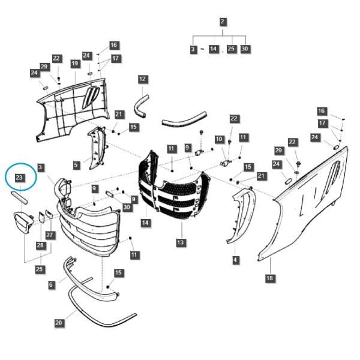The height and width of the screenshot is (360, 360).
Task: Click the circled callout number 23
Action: pos(19,178)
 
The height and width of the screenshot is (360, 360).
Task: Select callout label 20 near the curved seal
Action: pos(59,323)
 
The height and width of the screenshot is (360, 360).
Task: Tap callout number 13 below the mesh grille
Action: pos(181,242)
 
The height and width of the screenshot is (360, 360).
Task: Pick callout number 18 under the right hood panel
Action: pos(270,278)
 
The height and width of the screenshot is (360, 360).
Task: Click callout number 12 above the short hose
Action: pos(142,79)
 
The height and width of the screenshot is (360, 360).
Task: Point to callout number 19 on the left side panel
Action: pos(74,64)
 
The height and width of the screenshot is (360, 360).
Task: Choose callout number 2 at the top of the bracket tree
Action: pos(222,22)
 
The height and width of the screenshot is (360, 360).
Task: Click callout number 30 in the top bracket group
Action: pos(245,49)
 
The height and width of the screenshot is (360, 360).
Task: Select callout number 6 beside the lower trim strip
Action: pos(51,284)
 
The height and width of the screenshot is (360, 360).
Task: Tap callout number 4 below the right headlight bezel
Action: pos(235,260)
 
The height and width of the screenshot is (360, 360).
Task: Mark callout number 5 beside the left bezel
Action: pos(76,164)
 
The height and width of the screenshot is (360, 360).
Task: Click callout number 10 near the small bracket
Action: pos(219,139)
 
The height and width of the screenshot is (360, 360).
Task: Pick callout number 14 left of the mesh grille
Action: pos(145,223)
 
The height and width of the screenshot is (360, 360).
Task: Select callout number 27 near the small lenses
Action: pos(50,235)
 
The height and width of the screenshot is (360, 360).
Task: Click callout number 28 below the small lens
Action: pos(40,245)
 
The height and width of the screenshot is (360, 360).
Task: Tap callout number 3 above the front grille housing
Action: pos(40,167)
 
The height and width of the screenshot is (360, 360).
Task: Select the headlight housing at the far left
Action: pos(23,223)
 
